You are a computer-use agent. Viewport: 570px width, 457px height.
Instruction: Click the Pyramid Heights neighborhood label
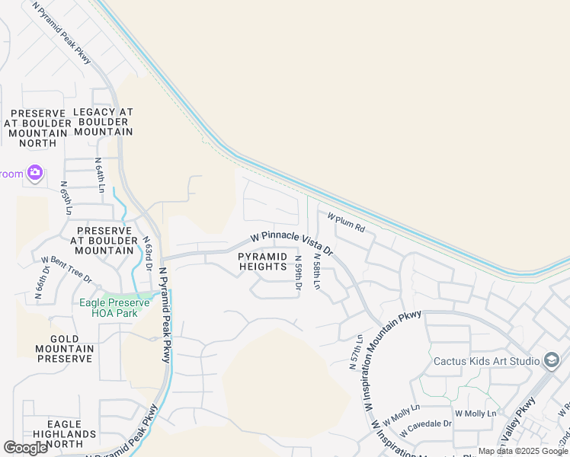[x=262, y=261]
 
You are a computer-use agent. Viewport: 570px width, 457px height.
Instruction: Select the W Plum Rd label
[x=347, y=222]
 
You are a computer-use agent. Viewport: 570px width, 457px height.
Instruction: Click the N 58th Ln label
[x=316, y=272]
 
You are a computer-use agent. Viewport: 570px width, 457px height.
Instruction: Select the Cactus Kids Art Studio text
[x=486, y=360]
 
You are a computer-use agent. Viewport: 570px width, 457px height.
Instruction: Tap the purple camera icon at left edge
[x=34, y=173]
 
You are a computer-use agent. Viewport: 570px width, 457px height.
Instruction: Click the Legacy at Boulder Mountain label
[x=103, y=122]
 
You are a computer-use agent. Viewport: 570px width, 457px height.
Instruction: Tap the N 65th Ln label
[x=66, y=199]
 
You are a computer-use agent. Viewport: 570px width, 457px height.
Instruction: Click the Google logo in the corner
[x=26, y=448]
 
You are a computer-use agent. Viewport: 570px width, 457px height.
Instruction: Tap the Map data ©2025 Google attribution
[x=523, y=451]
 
